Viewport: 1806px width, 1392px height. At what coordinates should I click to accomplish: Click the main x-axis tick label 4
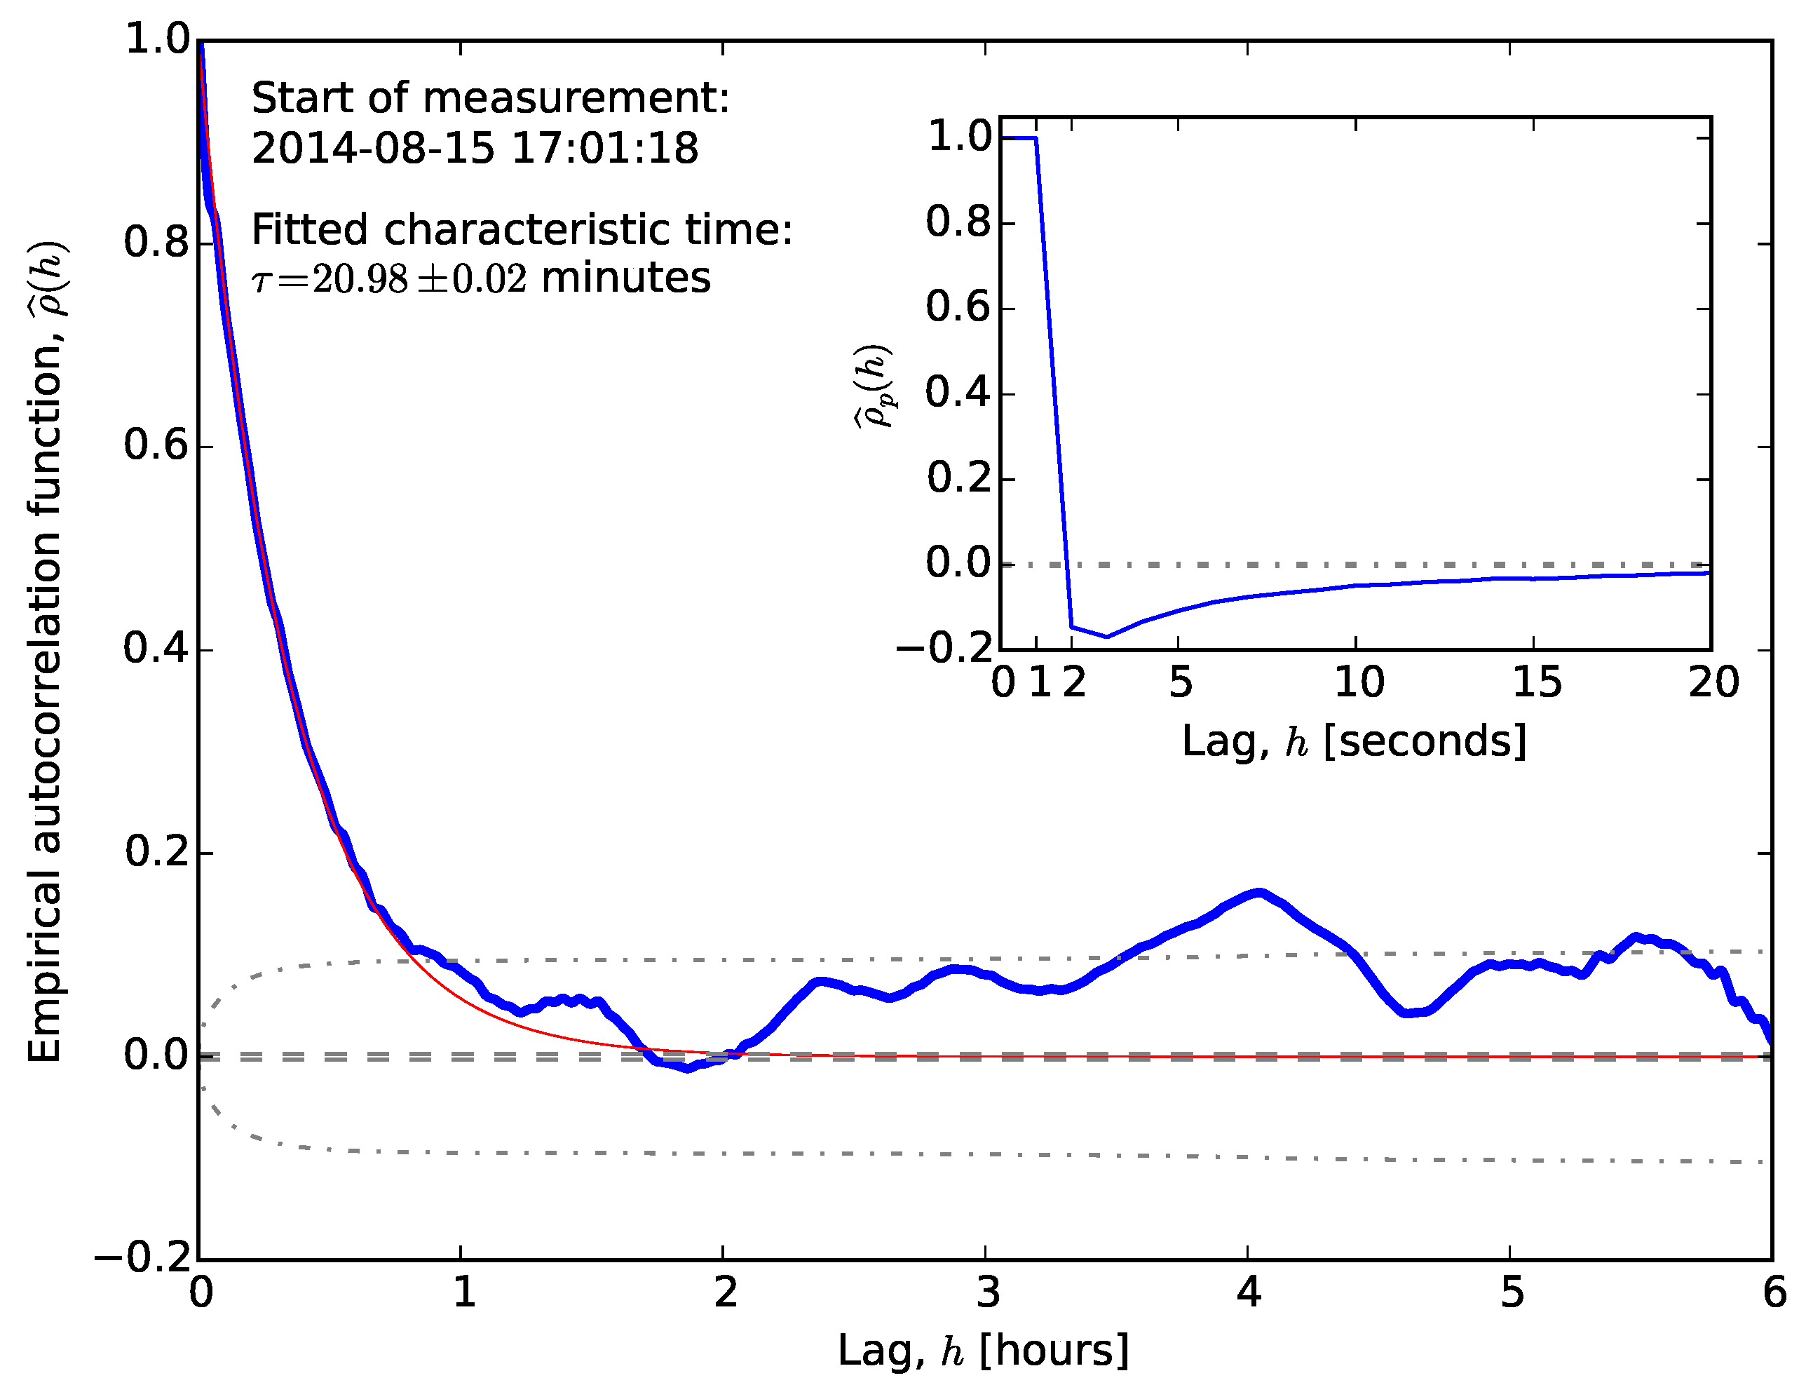tap(1249, 1292)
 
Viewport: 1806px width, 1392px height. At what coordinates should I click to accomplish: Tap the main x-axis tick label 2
tap(725, 1292)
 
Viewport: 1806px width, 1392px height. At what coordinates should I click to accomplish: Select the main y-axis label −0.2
tap(143, 1259)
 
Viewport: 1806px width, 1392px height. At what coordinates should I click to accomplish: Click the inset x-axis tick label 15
tap(1536, 683)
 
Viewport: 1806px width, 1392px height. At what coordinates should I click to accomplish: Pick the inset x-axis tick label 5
tap(1181, 683)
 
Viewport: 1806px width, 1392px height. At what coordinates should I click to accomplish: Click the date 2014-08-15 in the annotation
tap(372, 149)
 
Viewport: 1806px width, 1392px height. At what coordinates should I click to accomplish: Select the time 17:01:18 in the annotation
tap(604, 149)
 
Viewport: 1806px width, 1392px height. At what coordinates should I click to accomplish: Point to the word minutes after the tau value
tap(625, 278)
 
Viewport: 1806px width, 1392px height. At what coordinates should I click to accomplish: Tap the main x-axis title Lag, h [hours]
tap(983, 1351)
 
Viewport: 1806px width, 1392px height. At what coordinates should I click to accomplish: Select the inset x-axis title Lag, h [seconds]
tap(1354, 741)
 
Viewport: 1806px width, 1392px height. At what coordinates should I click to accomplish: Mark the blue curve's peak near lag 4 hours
tap(1258, 893)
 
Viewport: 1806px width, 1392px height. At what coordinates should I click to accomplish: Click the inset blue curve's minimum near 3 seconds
tap(1107, 636)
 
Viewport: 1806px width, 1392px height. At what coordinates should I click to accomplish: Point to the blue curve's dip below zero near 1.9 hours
tap(687, 1069)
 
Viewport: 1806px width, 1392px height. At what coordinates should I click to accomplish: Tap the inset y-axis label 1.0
tap(958, 137)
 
